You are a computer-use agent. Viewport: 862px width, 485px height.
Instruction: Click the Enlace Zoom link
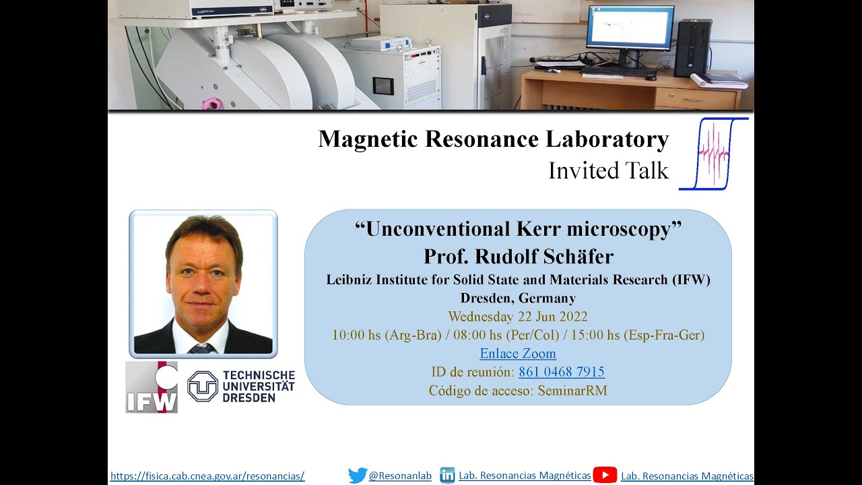click(x=518, y=354)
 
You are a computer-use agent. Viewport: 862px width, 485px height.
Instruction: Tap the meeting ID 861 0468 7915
click(x=561, y=372)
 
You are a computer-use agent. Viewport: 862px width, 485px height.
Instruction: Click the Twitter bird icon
click(x=358, y=476)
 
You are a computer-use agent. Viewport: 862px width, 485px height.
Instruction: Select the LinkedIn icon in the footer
click(x=447, y=476)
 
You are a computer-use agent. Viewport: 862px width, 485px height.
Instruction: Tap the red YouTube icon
click(x=605, y=476)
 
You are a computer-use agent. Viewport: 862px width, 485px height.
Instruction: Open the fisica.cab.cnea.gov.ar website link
click(x=207, y=476)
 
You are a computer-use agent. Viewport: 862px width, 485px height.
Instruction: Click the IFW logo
click(x=152, y=387)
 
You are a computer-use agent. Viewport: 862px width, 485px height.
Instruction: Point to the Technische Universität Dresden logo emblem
click(x=203, y=386)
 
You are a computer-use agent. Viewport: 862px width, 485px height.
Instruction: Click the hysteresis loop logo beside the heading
click(x=713, y=154)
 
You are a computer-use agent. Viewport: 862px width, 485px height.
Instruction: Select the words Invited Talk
click(x=608, y=171)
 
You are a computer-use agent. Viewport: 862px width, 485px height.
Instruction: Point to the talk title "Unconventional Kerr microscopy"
click(x=518, y=229)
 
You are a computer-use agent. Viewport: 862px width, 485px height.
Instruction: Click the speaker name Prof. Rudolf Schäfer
click(x=518, y=257)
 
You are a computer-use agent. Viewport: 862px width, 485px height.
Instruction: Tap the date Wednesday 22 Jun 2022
click(x=518, y=317)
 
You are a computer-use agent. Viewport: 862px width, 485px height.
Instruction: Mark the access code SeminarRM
click(x=572, y=391)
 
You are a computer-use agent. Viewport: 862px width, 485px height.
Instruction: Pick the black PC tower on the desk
click(x=693, y=47)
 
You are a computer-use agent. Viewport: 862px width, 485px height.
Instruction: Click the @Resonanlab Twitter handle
click(x=400, y=476)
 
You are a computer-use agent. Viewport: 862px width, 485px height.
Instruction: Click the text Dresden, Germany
click(x=518, y=298)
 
